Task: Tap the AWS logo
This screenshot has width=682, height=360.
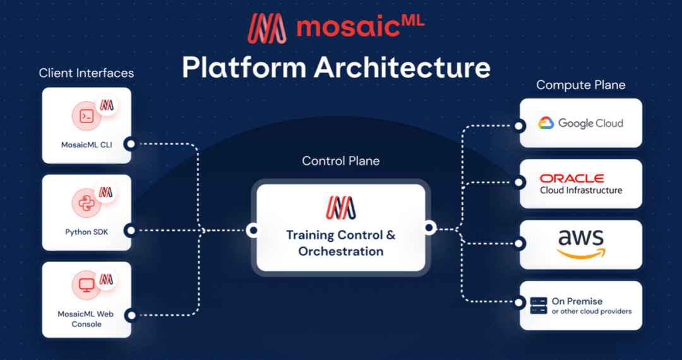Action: coord(581,244)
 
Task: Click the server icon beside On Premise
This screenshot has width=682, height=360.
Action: coord(539,306)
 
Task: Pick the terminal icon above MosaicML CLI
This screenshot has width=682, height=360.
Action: coord(87,116)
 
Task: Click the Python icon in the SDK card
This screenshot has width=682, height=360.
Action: coord(87,203)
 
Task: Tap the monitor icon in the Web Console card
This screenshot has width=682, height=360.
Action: coord(87,285)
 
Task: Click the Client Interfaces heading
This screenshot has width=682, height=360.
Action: coord(87,73)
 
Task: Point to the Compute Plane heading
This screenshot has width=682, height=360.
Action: coord(580,85)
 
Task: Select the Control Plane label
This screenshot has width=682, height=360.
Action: coord(341,160)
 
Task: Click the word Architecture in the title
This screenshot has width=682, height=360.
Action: coord(402,68)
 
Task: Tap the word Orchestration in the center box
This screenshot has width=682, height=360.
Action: coord(341,251)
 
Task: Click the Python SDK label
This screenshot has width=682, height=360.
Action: coord(87,232)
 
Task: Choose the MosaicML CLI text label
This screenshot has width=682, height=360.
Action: coord(87,145)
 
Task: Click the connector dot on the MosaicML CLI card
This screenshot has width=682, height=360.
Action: coord(129,144)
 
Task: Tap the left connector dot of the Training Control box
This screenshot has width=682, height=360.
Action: coord(253,231)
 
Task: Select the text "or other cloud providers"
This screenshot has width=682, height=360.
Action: coord(592,311)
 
